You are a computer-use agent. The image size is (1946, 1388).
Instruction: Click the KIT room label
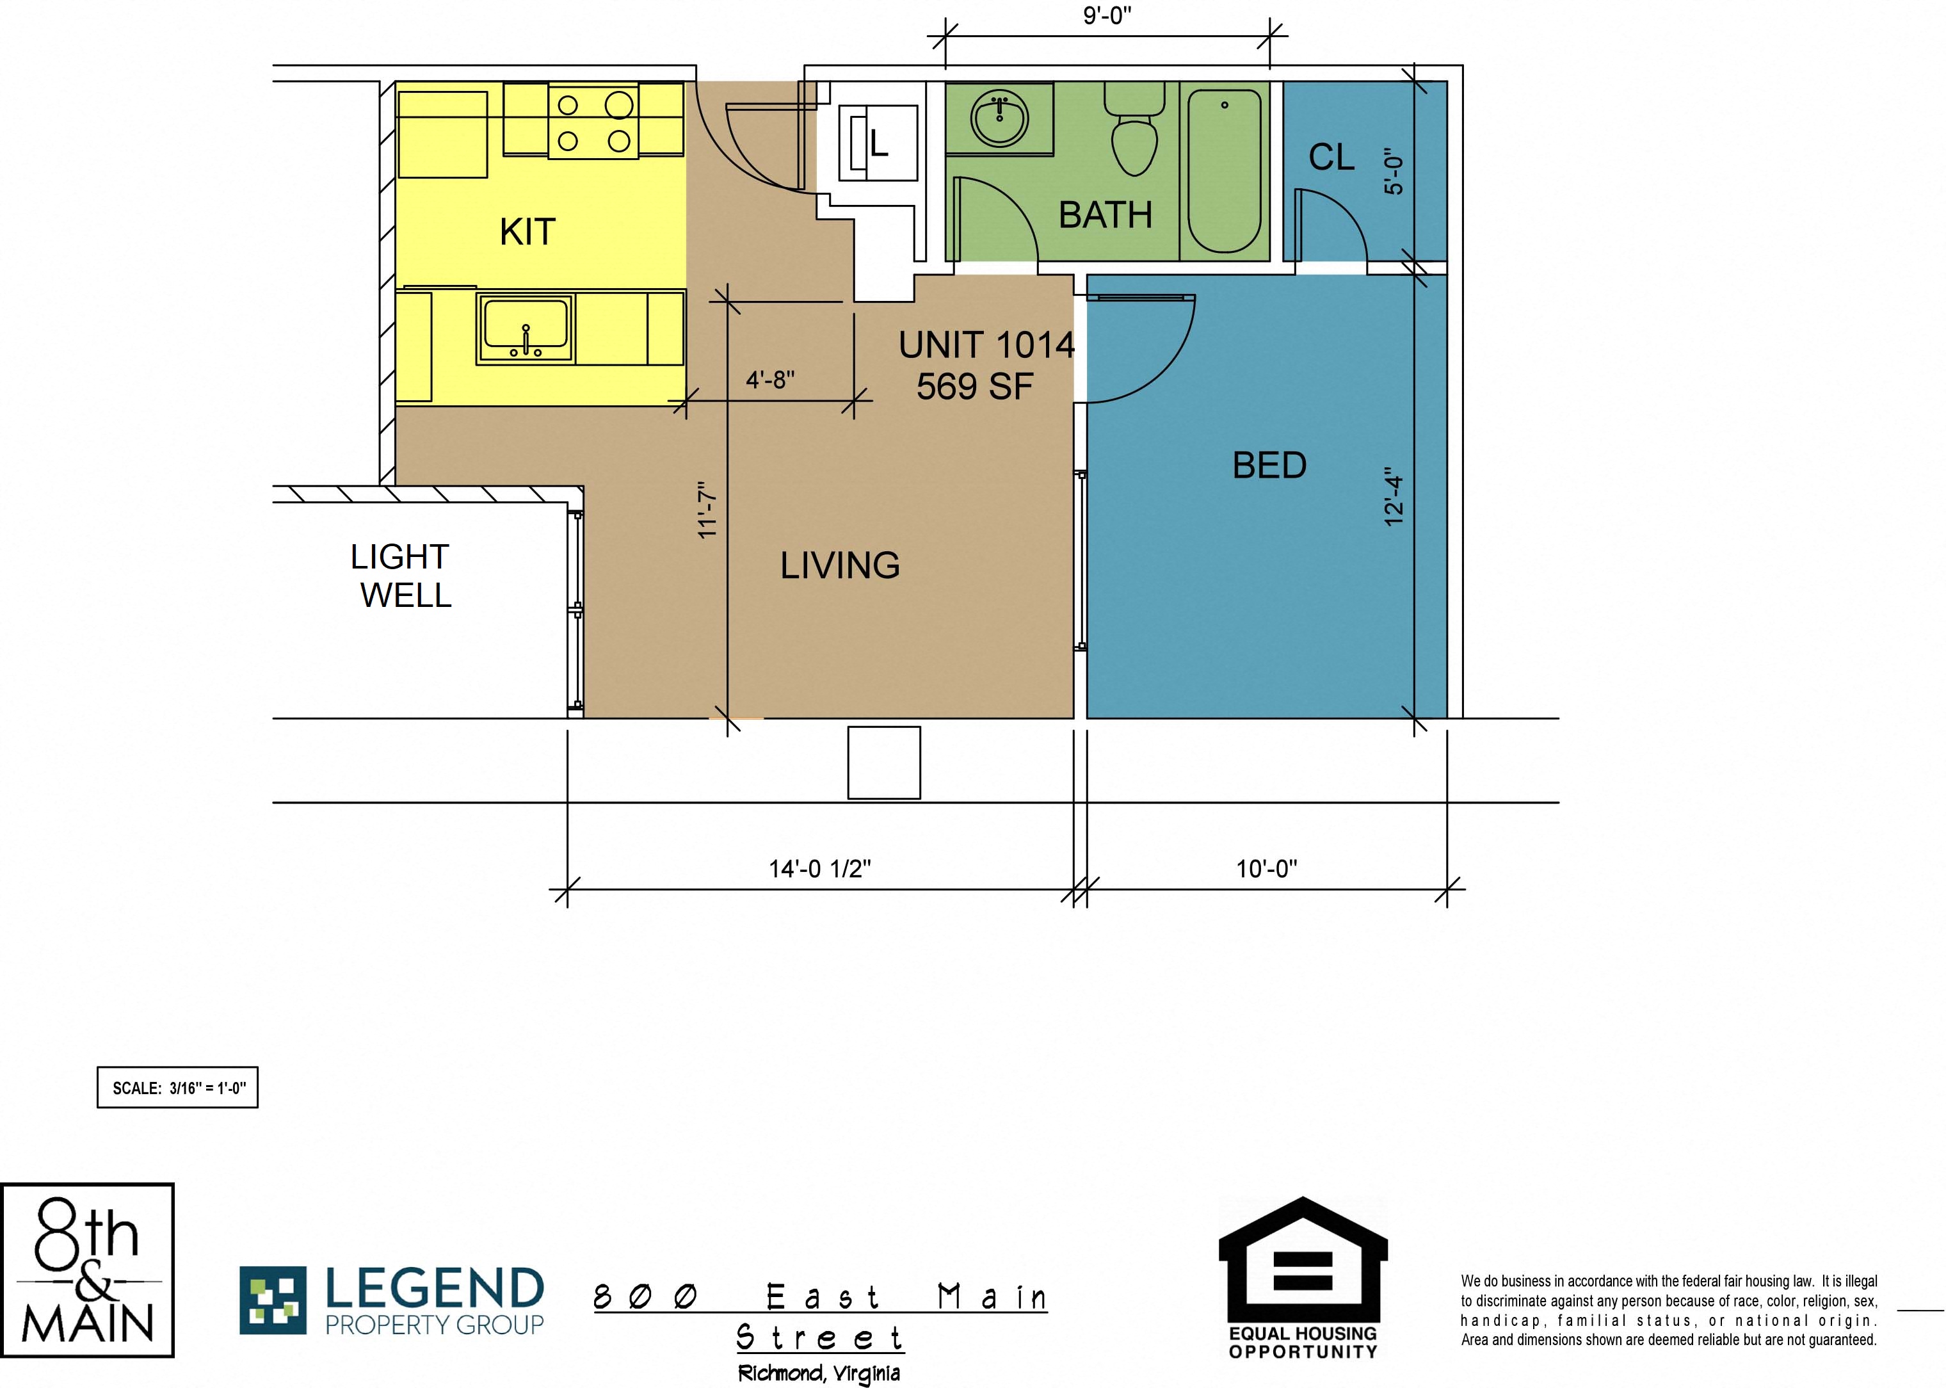(527, 232)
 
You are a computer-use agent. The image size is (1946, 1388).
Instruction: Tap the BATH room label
(1105, 214)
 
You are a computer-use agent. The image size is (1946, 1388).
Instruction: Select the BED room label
(1269, 465)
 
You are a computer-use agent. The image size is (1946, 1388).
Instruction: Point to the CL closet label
(1331, 157)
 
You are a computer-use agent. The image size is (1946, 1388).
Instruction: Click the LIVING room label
(840, 565)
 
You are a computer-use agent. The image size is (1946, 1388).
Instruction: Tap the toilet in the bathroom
(1134, 129)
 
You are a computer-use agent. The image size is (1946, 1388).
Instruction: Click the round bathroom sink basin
(999, 120)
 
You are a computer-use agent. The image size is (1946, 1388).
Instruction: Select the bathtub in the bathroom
(1225, 172)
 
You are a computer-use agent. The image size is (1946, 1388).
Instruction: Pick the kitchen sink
(525, 328)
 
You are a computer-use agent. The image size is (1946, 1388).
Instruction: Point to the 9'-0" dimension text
(1107, 15)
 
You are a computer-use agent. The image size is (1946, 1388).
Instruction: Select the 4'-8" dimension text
(770, 380)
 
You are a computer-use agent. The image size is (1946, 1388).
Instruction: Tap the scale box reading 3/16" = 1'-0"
(178, 1087)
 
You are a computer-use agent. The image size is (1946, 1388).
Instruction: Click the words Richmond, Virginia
(819, 1373)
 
